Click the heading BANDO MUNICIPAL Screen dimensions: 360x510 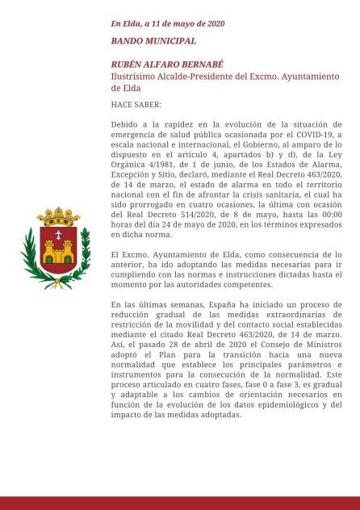coord(153,40)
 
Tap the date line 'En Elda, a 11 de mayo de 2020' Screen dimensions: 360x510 coord(168,23)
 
